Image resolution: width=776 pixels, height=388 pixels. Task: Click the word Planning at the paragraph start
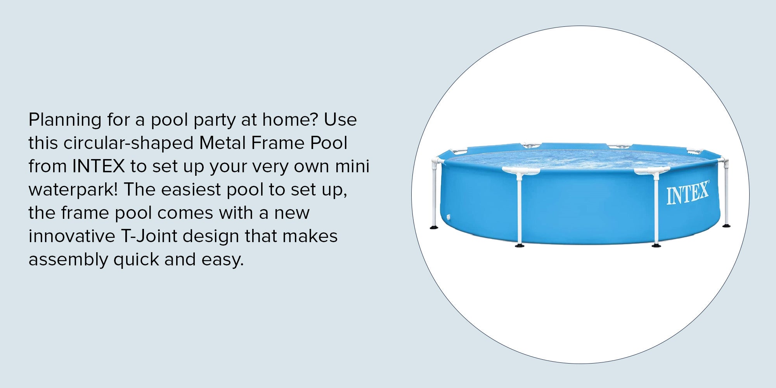point(65,120)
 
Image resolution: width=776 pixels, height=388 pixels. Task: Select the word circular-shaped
point(128,144)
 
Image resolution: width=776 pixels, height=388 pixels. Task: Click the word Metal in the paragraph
point(222,143)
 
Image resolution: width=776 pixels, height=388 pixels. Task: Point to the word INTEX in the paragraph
point(99,166)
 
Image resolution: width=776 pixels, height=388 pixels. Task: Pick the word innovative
point(72,236)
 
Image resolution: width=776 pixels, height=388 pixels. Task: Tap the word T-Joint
point(149,236)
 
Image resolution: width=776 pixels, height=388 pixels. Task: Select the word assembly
point(68,260)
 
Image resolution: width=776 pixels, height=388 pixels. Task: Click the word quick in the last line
point(136,260)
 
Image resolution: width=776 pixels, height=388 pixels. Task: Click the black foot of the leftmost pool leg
point(434,227)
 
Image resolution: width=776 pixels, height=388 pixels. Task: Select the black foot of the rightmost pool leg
point(726,225)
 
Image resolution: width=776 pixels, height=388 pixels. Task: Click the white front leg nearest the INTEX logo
point(656,210)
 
